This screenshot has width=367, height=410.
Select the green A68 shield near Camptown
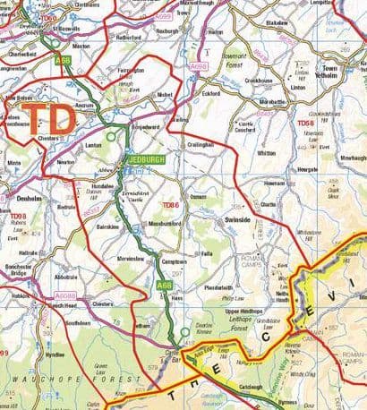click(x=162, y=285)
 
